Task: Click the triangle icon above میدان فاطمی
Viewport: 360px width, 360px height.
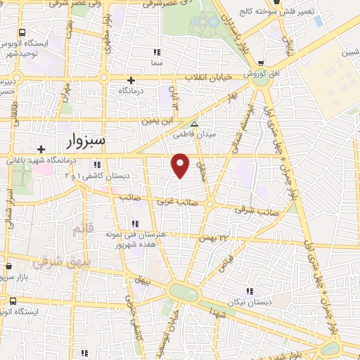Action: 195,123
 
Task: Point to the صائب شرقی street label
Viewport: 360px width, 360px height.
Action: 256,210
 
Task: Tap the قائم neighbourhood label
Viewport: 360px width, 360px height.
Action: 83,229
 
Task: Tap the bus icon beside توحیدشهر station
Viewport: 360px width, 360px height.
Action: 22,32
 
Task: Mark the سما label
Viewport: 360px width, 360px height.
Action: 157,63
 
